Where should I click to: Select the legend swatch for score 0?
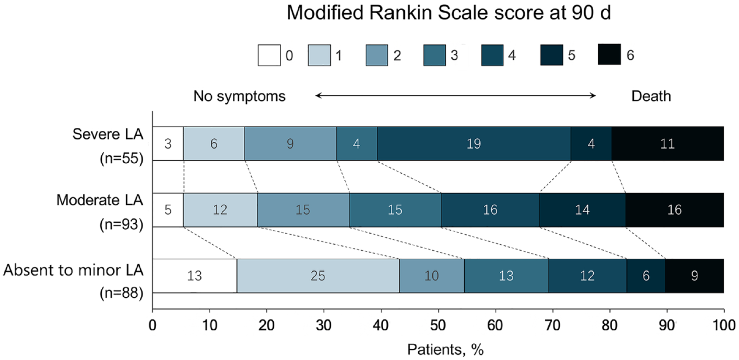click(x=269, y=55)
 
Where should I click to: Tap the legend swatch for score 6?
click(x=609, y=54)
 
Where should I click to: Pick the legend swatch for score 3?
click(x=435, y=55)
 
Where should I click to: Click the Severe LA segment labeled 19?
click(x=474, y=144)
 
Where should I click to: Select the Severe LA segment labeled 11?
click(x=668, y=144)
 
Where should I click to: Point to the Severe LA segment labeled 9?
click(x=290, y=144)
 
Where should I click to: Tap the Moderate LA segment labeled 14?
click(x=582, y=209)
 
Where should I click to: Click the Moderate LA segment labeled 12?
click(x=220, y=209)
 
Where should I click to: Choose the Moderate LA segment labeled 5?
click(x=168, y=209)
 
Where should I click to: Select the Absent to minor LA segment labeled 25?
click(x=318, y=275)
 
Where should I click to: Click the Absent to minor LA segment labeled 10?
click(x=432, y=275)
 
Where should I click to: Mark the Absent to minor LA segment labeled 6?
click(x=646, y=275)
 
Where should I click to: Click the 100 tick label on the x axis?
click(x=724, y=325)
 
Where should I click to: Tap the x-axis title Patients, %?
click(x=445, y=349)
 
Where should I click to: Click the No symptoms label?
click(x=239, y=96)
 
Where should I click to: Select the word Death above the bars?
click(x=651, y=96)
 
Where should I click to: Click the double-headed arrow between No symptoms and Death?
click(x=455, y=96)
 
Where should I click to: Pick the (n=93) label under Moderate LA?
click(x=121, y=224)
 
